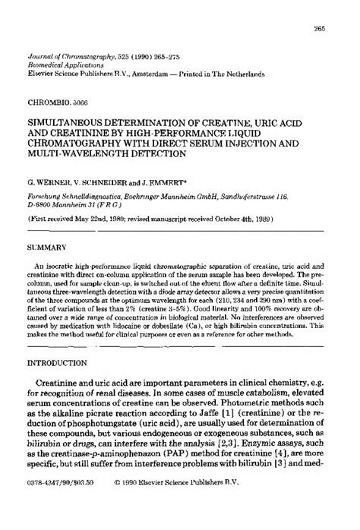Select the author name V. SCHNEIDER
coord(92,183)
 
